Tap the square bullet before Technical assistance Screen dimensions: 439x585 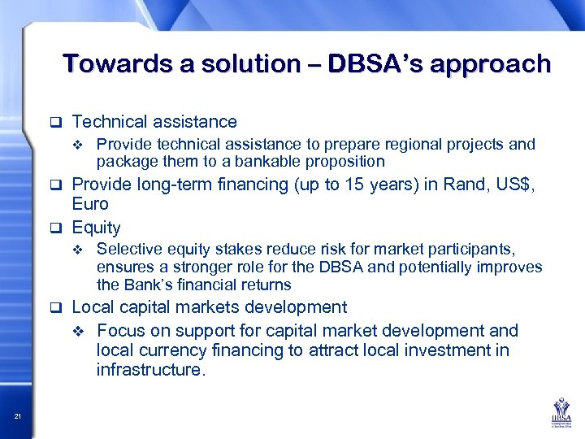(x=56, y=123)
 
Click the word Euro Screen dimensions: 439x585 (x=90, y=204)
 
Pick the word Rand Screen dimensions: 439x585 (x=461, y=185)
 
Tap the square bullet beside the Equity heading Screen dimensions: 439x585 (x=56, y=228)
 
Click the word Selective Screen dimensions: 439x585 (x=126, y=248)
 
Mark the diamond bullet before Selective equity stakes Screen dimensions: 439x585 (x=78, y=249)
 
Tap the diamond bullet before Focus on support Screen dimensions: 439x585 (x=78, y=332)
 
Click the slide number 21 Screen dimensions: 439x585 (x=18, y=417)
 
